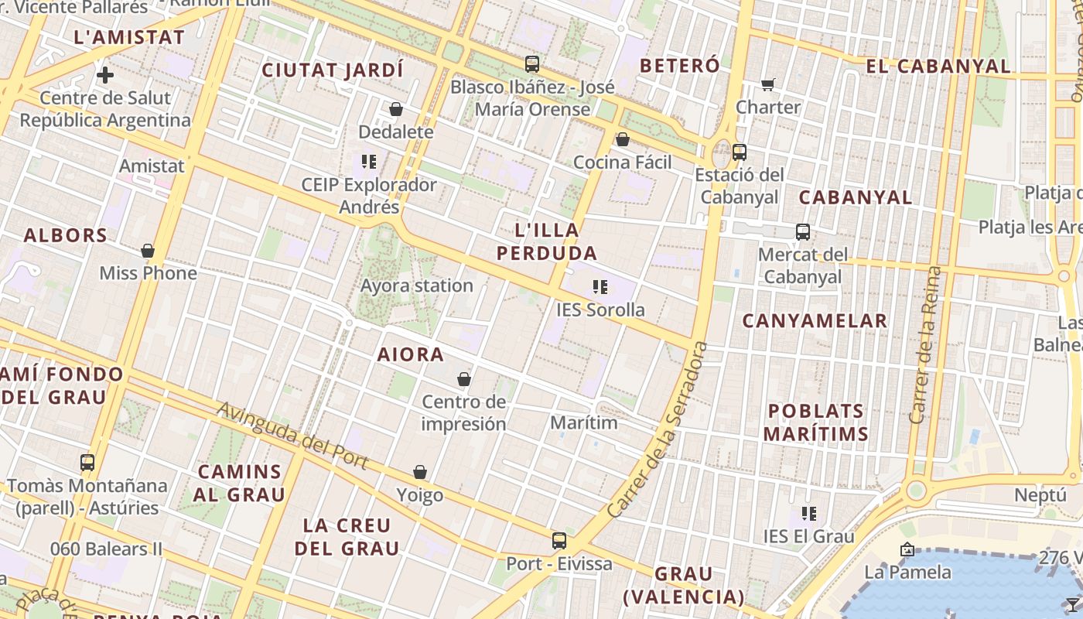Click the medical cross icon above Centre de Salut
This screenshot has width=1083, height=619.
click(x=105, y=75)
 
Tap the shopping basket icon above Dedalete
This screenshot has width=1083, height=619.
click(x=396, y=109)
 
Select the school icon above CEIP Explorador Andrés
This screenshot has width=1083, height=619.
click(x=369, y=162)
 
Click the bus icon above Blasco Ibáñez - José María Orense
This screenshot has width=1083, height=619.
click(x=532, y=64)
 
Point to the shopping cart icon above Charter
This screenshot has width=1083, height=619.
click(x=767, y=84)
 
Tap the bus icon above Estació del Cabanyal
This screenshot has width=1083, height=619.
click(x=740, y=152)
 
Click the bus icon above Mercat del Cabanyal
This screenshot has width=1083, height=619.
click(x=803, y=231)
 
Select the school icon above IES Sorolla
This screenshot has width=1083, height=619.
click(x=600, y=287)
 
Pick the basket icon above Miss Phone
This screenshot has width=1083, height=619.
click(x=148, y=251)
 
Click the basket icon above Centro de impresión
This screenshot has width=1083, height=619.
click(x=464, y=379)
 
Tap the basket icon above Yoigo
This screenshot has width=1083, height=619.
click(x=420, y=472)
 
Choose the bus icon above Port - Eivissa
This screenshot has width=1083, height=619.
click(x=559, y=541)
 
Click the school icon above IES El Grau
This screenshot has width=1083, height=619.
click(x=809, y=513)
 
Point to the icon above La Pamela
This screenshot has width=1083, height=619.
click(x=907, y=550)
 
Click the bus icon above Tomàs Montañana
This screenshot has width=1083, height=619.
click(x=87, y=463)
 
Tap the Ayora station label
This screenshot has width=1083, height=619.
click(x=417, y=286)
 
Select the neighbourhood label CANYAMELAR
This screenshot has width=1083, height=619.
click(x=815, y=320)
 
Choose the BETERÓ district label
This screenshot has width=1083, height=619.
click(x=680, y=66)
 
